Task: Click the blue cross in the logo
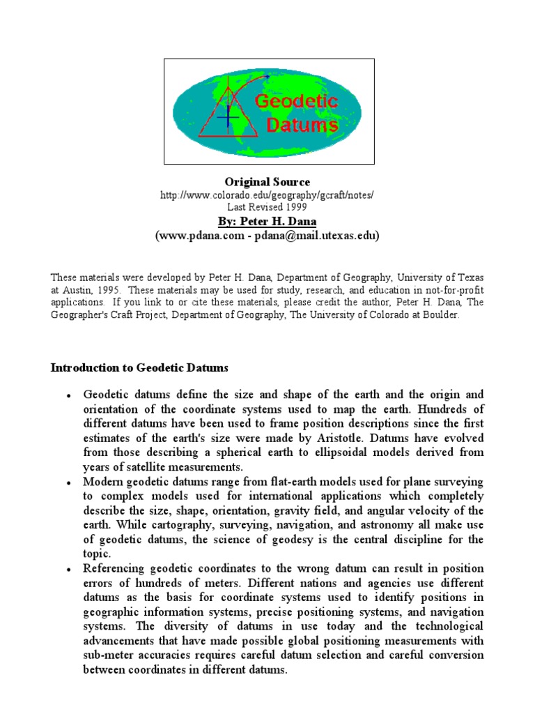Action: (x=228, y=118)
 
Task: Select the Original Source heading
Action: (x=267, y=182)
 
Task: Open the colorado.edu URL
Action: (x=267, y=195)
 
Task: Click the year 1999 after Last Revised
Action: (x=294, y=207)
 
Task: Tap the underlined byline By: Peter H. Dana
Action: (x=267, y=222)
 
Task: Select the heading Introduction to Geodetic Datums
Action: (x=139, y=367)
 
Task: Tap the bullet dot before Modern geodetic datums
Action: (x=70, y=483)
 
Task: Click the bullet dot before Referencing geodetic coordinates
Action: (x=70, y=570)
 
